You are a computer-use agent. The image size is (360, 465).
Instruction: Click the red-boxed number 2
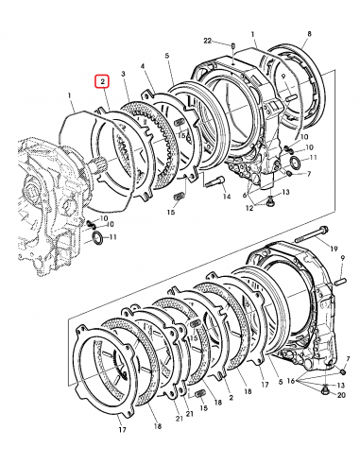point(101,83)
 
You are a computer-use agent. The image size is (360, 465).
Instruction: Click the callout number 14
point(227,198)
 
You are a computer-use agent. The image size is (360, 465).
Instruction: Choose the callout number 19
point(334,247)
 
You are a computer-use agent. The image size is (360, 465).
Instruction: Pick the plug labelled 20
point(324,390)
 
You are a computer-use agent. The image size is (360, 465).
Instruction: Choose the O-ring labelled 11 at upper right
point(296,166)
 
